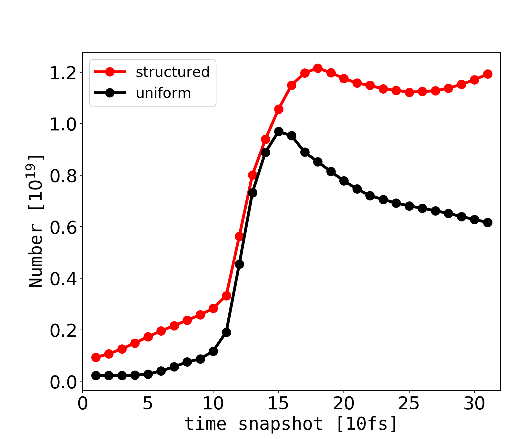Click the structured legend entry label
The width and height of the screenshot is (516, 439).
click(x=173, y=72)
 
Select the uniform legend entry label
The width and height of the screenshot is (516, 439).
click(x=163, y=93)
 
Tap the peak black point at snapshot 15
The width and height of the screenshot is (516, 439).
click(x=279, y=131)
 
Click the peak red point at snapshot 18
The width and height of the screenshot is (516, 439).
click(x=318, y=68)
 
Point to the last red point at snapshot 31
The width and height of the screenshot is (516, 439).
click(x=488, y=74)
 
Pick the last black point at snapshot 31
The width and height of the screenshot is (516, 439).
click(x=488, y=222)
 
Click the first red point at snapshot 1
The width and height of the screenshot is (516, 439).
click(x=96, y=357)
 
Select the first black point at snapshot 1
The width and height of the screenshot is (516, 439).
click(x=96, y=375)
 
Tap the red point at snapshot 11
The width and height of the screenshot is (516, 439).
click(x=226, y=296)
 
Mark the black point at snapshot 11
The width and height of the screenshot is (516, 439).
click(x=226, y=332)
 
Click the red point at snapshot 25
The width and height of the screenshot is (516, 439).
click(x=409, y=92)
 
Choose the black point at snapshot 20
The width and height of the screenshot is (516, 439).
click(x=344, y=181)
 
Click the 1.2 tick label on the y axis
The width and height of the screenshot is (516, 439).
click(x=63, y=73)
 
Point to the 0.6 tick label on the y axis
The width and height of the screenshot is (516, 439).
click(x=63, y=228)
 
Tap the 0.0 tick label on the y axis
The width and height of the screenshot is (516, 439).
click(x=63, y=382)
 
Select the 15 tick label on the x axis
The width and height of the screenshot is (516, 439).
click(x=278, y=404)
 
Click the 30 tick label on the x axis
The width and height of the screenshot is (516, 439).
click(x=474, y=404)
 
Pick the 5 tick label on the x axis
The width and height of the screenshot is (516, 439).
click(x=148, y=404)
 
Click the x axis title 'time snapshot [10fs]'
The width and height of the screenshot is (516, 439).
click(x=291, y=424)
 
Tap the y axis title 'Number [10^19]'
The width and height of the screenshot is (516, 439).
click(x=36, y=221)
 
